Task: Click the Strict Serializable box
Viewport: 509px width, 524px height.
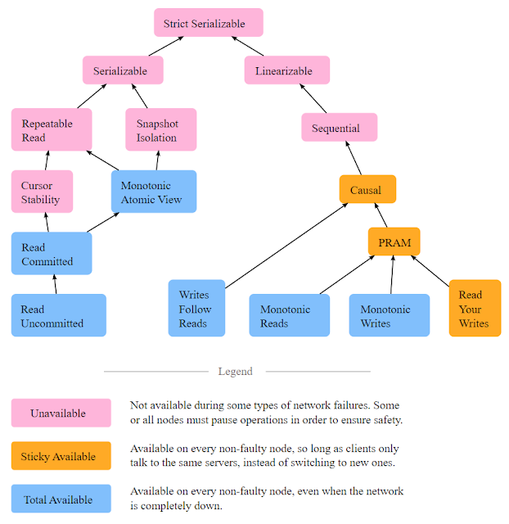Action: click(x=209, y=23)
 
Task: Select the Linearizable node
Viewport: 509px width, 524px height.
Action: click(x=287, y=70)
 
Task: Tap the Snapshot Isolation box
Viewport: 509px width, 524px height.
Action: click(x=161, y=129)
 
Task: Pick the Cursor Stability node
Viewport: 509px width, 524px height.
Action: click(x=42, y=192)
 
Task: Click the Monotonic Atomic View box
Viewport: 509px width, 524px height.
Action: click(x=154, y=192)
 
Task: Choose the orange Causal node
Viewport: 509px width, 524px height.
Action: click(x=367, y=189)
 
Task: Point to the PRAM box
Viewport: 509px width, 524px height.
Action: click(x=394, y=242)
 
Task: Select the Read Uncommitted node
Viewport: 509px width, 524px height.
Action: click(x=59, y=315)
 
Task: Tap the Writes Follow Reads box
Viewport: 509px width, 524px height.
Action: click(x=196, y=308)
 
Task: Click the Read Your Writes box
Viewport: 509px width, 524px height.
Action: click(x=475, y=308)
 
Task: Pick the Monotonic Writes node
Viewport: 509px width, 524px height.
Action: click(x=390, y=315)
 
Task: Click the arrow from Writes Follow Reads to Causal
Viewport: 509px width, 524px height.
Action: click(x=286, y=246)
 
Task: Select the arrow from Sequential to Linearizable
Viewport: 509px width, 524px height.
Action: click(x=313, y=98)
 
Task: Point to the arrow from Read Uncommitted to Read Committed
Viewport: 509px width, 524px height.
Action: click(x=55, y=284)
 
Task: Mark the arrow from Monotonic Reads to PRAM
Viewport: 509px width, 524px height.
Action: click(x=347, y=275)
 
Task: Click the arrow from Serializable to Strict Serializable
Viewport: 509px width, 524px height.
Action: click(x=166, y=46)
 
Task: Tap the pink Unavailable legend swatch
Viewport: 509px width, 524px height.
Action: click(x=61, y=413)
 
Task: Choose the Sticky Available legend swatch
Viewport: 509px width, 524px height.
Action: click(x=61, y=456)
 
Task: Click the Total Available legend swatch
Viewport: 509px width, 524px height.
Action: click(x=61, y=499)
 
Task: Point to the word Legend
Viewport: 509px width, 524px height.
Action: click(x=236, y=372)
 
